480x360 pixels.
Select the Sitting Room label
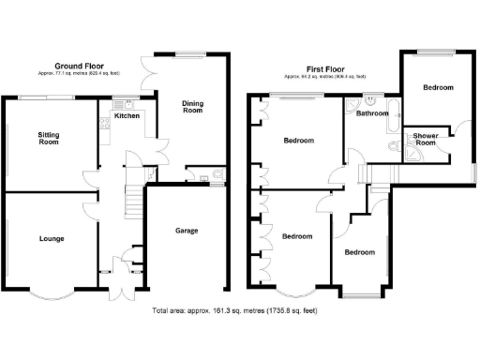pyautogui.click(x=49, y=140)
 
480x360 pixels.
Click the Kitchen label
pyautogui.click(x=127, y=116)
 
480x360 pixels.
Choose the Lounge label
pyautogui.click(x=52, y=239)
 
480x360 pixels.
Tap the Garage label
pyautogui.click(x=187, y=231)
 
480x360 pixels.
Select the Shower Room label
pyautogui.click(x=426, y=139)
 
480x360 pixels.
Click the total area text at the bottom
pyautogui.click(x=238, y=309)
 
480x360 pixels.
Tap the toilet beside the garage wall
pyautogui.click(x=217, y=175)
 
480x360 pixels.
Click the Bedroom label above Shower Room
pyautogui.click(x=437, y=87)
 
